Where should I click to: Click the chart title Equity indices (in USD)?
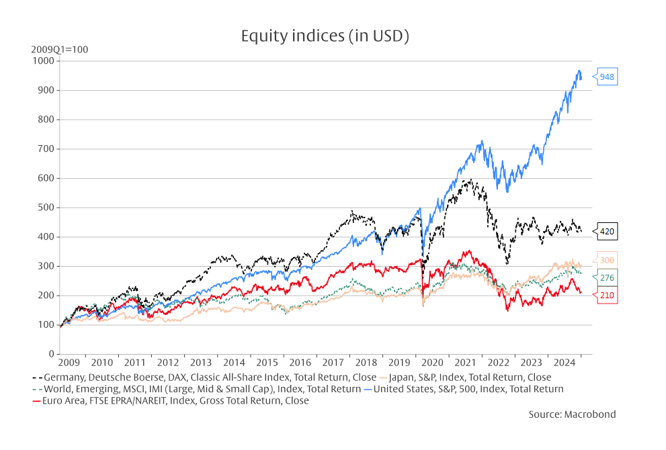point(325,36)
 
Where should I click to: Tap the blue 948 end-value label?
point(607,77)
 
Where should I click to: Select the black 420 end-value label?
point(607,232)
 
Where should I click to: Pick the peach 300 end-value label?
point(607,261)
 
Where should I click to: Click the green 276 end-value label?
point(607,277)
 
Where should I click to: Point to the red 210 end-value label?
point(607,295)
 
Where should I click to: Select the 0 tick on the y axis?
point(51,354)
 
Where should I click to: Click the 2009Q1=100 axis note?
point(59,50)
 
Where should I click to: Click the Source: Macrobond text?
point(572,414)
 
